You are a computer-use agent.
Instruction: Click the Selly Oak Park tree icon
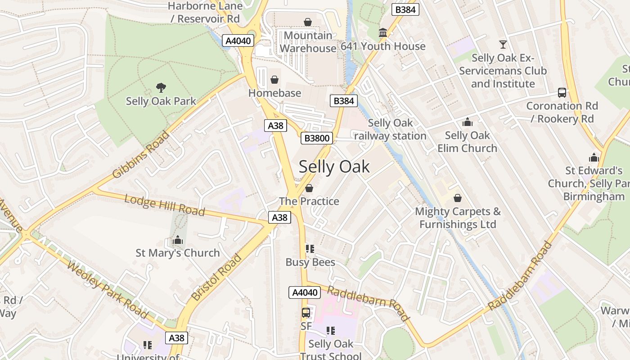click(x=161, y=87)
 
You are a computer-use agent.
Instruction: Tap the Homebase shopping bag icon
click(x=274, y=80)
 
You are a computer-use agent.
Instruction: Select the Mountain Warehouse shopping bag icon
click(x=308, y=22)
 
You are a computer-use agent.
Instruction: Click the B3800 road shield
click(x=317, y=138)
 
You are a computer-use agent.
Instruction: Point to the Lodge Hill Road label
click(x=164, y=205)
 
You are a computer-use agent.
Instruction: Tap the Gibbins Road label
click(x=141, y=154)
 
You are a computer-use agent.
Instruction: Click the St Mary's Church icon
click(x=178, y=240)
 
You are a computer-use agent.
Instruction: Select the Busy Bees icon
click(x=310, y=249)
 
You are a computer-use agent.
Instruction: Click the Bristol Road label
click(x=217, y=277)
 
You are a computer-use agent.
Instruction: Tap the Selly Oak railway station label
click(x=390, y=129)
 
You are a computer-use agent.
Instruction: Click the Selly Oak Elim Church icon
click(x=467, y=122)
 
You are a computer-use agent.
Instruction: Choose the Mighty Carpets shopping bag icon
click(x=458, y=198)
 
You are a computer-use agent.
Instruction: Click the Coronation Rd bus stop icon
click(x=562, y=93)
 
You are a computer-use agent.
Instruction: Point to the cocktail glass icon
click(x=503, y=44)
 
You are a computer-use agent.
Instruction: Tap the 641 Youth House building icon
click(x=383, y=33)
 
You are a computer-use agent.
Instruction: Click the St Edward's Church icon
click(x=594, y=157)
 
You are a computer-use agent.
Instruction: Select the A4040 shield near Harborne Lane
click(x=238, y=41)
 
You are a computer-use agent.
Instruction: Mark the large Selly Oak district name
click(x=334, y=166)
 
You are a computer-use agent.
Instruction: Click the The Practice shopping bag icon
click(x=309, y=188)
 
